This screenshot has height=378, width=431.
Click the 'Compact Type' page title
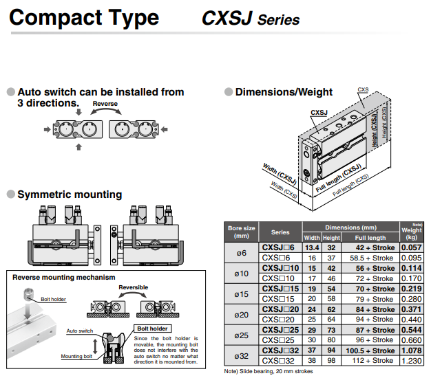[x=83, y=17]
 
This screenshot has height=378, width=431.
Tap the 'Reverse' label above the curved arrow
[x=105, y=104]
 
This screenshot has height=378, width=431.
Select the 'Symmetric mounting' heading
[x=70, y=194]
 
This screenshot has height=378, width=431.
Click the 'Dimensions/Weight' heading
[x=284, y=92]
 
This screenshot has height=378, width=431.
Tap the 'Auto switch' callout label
[x=80, y=331]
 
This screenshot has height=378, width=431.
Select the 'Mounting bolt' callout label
[x=76, y=356]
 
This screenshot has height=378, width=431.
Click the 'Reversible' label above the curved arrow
[x=133, y=287]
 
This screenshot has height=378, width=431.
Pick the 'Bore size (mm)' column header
[x=241, y=232]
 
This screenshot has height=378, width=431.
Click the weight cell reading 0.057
[x=411, y=247]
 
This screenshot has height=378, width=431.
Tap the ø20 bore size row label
[x=241, y=315]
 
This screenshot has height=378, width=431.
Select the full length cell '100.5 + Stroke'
[x=370, y=351]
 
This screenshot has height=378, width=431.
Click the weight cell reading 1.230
[x=411, y=361]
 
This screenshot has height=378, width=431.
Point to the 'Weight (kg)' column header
[x=411, y=232]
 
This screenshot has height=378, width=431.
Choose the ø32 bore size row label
[x=241, y=356]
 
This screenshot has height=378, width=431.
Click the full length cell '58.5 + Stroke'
[x=370, y=258]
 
